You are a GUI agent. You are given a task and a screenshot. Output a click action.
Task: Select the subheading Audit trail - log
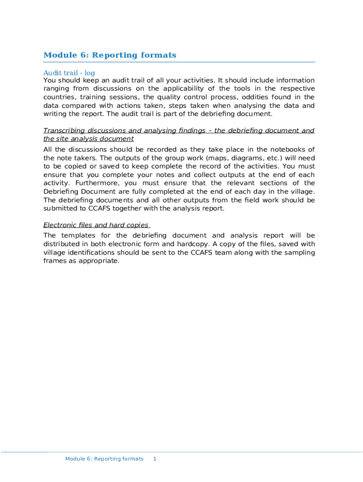(x=69, y=73)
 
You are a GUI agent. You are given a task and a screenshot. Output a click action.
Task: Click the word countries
(x=58, y=97)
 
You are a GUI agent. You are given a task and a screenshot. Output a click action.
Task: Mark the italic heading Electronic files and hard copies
(x=96, y=225)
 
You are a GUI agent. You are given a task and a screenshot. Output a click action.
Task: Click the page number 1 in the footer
(x=155, y=458)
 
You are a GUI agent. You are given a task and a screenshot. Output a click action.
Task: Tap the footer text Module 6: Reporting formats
(x=104, y=458)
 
